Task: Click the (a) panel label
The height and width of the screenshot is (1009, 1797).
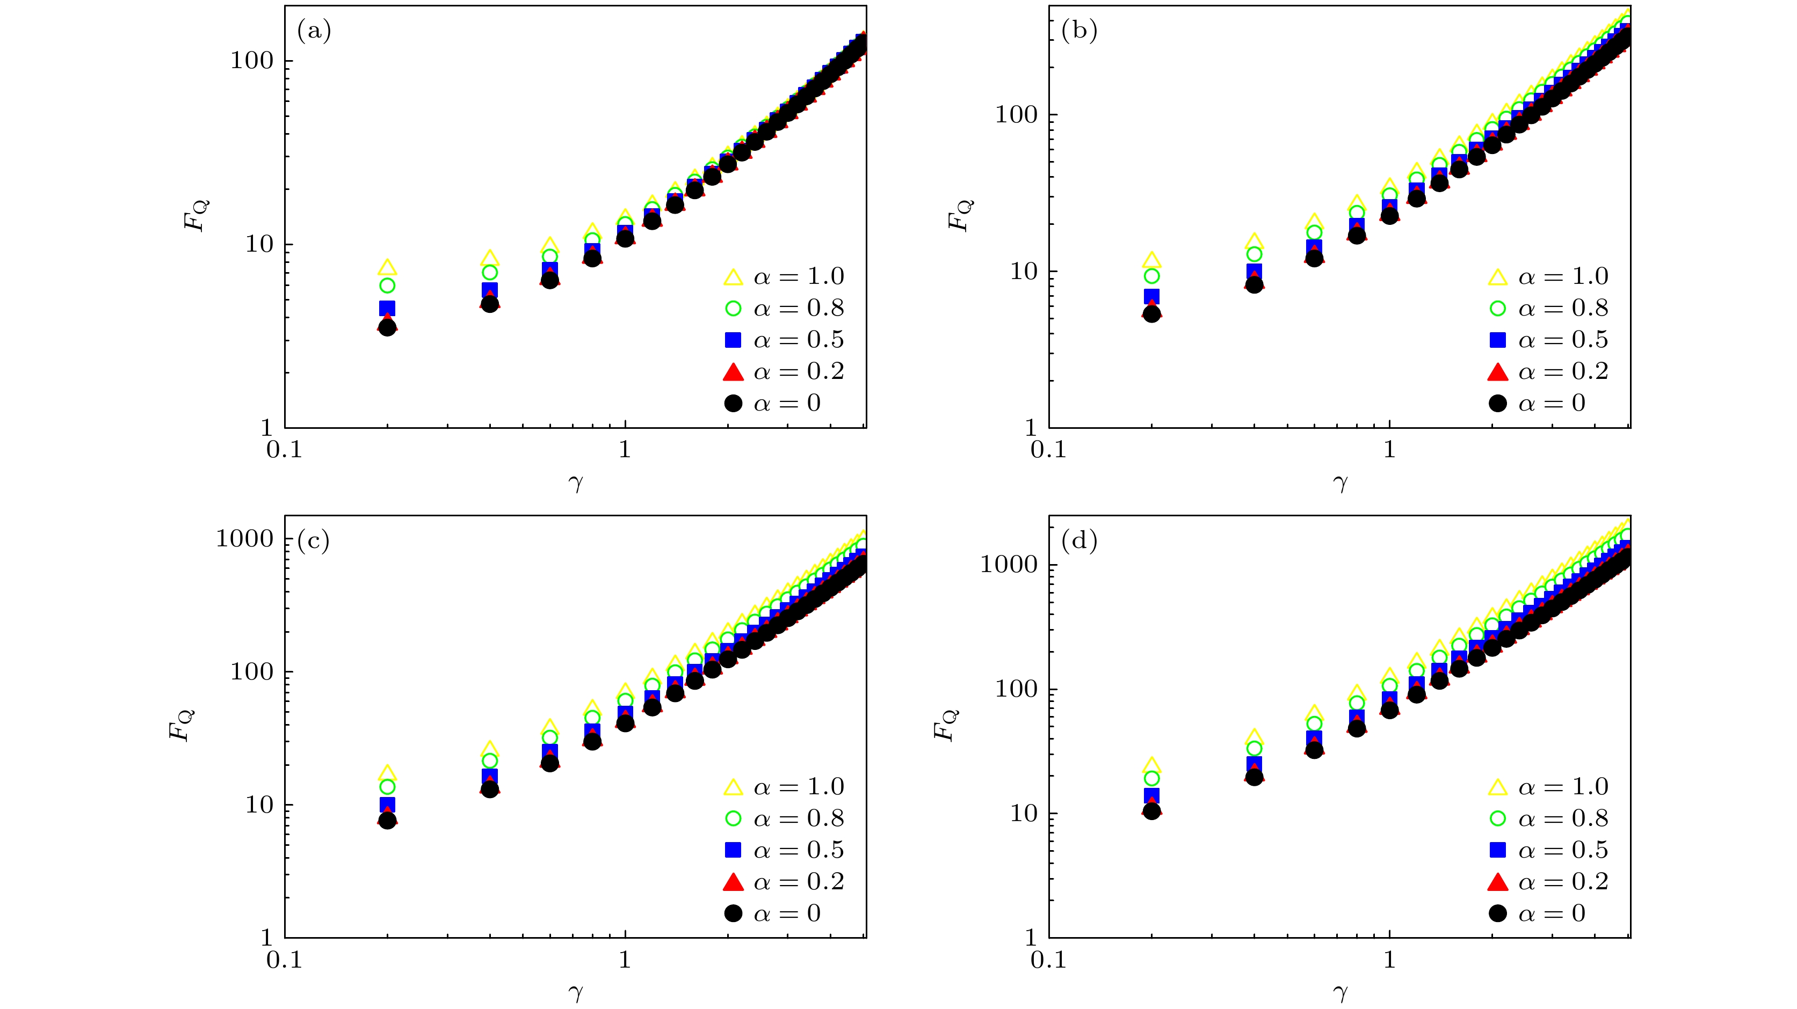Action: [x=314, y=31]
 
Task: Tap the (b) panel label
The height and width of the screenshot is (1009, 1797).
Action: [x=1078, y=31]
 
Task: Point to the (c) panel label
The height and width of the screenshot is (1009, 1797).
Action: [x=313, y=541]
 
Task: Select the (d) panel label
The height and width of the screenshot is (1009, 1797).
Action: [x=1078, y=541]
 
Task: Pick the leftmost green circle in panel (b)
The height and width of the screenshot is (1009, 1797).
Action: [x=1152, y=276]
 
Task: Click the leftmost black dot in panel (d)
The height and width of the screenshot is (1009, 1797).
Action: [x=1152, y=811]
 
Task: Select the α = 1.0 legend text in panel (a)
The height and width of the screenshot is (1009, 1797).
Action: [x=799, y=277]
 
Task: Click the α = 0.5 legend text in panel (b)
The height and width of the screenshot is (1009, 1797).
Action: [x=1563, y=340]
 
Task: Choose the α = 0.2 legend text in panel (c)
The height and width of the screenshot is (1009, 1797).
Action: [x=799, y=882]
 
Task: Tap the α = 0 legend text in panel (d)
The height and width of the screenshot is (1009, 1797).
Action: [x=1552, y=913]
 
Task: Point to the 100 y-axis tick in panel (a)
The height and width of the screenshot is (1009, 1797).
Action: [x=252, y=61]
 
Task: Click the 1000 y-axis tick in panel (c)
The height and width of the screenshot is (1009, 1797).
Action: [x=245, y=538]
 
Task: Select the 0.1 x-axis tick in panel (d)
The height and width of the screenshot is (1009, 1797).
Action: [x=1048, y=960]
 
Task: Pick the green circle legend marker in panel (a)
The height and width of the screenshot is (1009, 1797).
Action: [x=733, y=308]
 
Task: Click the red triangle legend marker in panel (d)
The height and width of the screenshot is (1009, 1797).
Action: [x=1498, y=882]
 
